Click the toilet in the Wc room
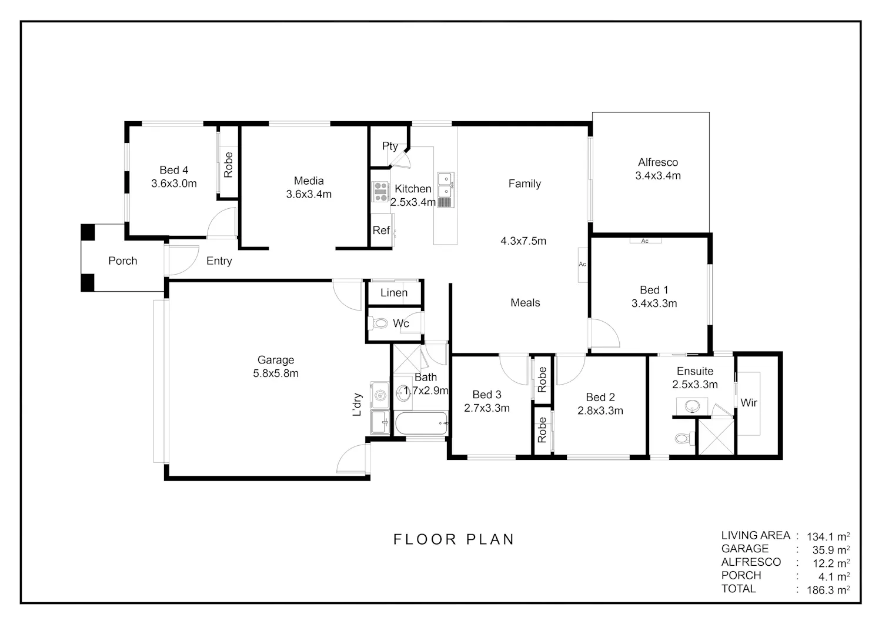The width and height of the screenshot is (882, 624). tap(377, 323)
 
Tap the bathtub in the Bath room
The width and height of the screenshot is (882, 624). tap(421, 423)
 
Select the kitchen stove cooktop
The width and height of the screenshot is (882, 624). tap(380, 192)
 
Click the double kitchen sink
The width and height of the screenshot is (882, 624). tap(446, 190)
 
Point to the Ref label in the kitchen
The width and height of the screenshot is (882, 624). tap(381, 230)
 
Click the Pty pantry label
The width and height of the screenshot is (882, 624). tap(390, 146)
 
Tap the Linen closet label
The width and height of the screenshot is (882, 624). tap(394, 293)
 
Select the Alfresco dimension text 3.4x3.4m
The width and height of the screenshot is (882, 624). tap(658, 176)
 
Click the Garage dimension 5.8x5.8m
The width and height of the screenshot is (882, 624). tap(276, 373)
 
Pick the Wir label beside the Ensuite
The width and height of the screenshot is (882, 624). tap(749, 403)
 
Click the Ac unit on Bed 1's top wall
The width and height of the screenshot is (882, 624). tap(646, 241)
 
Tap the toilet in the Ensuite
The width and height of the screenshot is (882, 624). tap(685, 438)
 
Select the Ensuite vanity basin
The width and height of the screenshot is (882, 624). tap(692, 405)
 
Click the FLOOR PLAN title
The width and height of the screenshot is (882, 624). tap(453, 539)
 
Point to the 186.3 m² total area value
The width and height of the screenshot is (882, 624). tap(828, 590)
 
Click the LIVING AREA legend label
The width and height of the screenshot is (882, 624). tap(756, 535)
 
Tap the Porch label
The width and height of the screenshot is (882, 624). tap(123, 261)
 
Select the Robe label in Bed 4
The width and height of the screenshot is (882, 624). tap(228, 165)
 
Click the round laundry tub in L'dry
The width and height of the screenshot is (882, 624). tap(380, 395)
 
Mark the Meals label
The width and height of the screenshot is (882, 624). tap(525, 302)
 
